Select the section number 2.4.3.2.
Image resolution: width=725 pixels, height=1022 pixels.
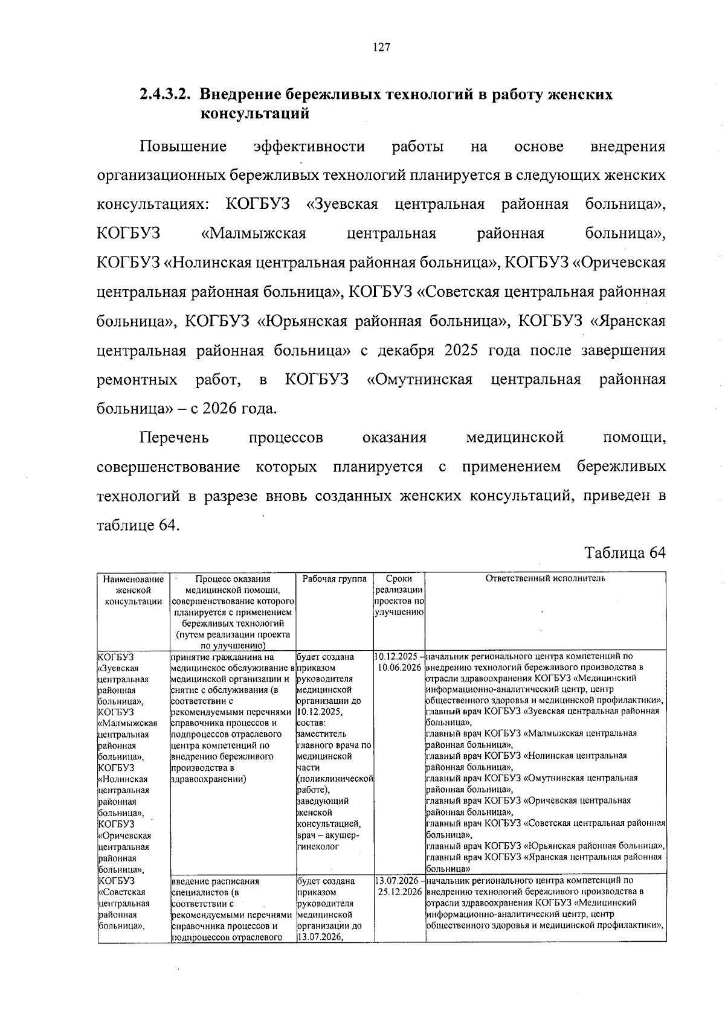[x=166, y=95]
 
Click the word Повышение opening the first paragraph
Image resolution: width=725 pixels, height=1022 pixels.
[x=183, y=147]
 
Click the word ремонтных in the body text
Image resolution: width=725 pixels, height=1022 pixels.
[x=137, y=380]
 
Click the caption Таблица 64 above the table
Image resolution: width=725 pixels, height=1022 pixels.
[x=625, y=553]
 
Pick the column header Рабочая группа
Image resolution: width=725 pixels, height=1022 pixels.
[x=335, y=579]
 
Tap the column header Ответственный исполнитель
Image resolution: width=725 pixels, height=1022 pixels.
[x=545, y=579]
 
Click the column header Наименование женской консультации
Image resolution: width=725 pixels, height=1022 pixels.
[x=134, y=590]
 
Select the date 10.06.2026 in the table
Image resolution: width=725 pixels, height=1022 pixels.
[x=399, y=668]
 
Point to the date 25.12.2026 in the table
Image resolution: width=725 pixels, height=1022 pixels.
[x=399, y=892]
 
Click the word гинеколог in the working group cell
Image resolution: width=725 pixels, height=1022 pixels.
[x=318, y=847]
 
